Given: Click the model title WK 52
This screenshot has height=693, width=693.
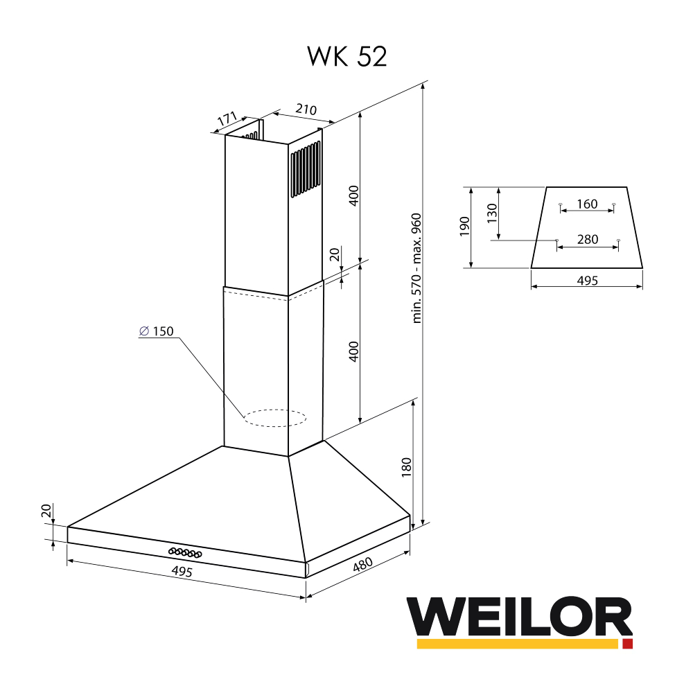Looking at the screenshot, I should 346,57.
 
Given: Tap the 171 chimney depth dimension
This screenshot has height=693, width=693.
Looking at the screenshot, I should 227,119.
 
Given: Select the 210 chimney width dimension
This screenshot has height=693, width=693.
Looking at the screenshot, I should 306,109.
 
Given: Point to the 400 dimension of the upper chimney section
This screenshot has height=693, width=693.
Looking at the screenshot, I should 353,196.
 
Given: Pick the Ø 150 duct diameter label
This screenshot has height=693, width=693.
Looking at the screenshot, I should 156,331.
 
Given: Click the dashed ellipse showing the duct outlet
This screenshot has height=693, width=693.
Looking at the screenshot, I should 274,418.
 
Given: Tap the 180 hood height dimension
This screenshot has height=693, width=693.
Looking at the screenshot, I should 407,467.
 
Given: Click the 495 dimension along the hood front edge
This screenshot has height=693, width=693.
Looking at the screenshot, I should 182,572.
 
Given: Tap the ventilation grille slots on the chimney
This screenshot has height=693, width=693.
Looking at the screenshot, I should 306,170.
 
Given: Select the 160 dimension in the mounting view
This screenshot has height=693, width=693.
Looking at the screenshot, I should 586,204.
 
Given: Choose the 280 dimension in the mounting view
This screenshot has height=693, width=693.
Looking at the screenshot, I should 587,240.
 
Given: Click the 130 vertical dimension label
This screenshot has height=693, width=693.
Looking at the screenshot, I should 492,213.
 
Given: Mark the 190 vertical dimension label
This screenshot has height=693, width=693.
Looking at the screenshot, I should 464,227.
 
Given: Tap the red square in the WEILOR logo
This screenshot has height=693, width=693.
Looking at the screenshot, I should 627,644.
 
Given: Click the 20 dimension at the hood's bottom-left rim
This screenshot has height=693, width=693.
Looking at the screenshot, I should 46,511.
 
